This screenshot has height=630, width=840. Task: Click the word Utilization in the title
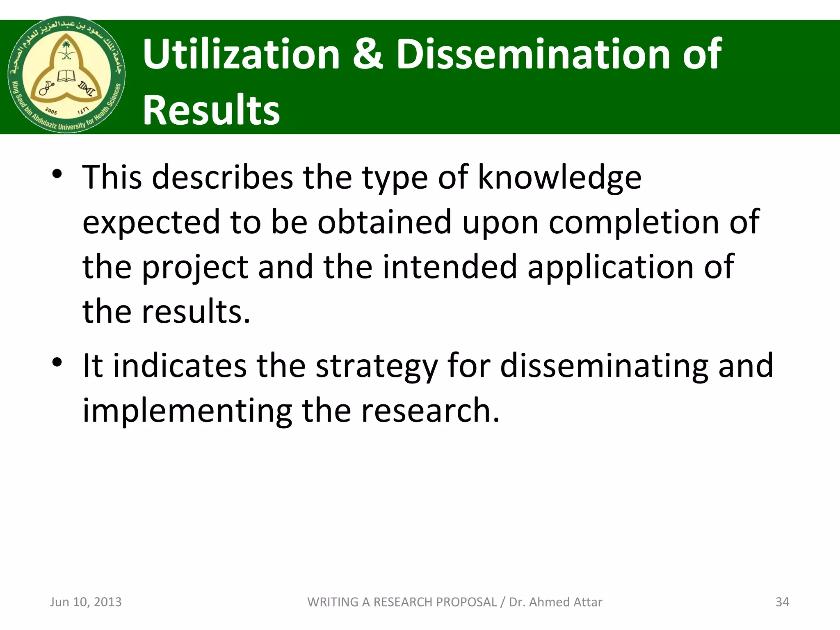tap(241, 54)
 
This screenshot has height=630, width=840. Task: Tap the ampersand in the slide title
tap(367, 54)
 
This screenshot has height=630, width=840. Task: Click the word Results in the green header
tap(211, 110)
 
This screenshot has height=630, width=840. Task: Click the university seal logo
tap(67, 75)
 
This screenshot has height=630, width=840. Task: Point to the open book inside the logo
tap(66, 76)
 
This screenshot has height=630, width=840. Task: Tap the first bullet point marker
tap(57, 174)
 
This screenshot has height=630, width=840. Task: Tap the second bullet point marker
tap(57, 363)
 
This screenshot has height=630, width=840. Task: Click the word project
tap(195, 267)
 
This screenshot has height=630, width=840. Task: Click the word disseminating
tap(604, 366)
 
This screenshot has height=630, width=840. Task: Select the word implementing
tap(187, 411)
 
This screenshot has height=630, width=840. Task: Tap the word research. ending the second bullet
tap(430, 411)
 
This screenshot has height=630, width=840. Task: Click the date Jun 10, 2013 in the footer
tap(86, 602)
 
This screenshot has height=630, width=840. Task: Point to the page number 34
tap(782, 602)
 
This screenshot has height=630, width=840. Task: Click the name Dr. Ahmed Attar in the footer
tap(555, 602)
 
